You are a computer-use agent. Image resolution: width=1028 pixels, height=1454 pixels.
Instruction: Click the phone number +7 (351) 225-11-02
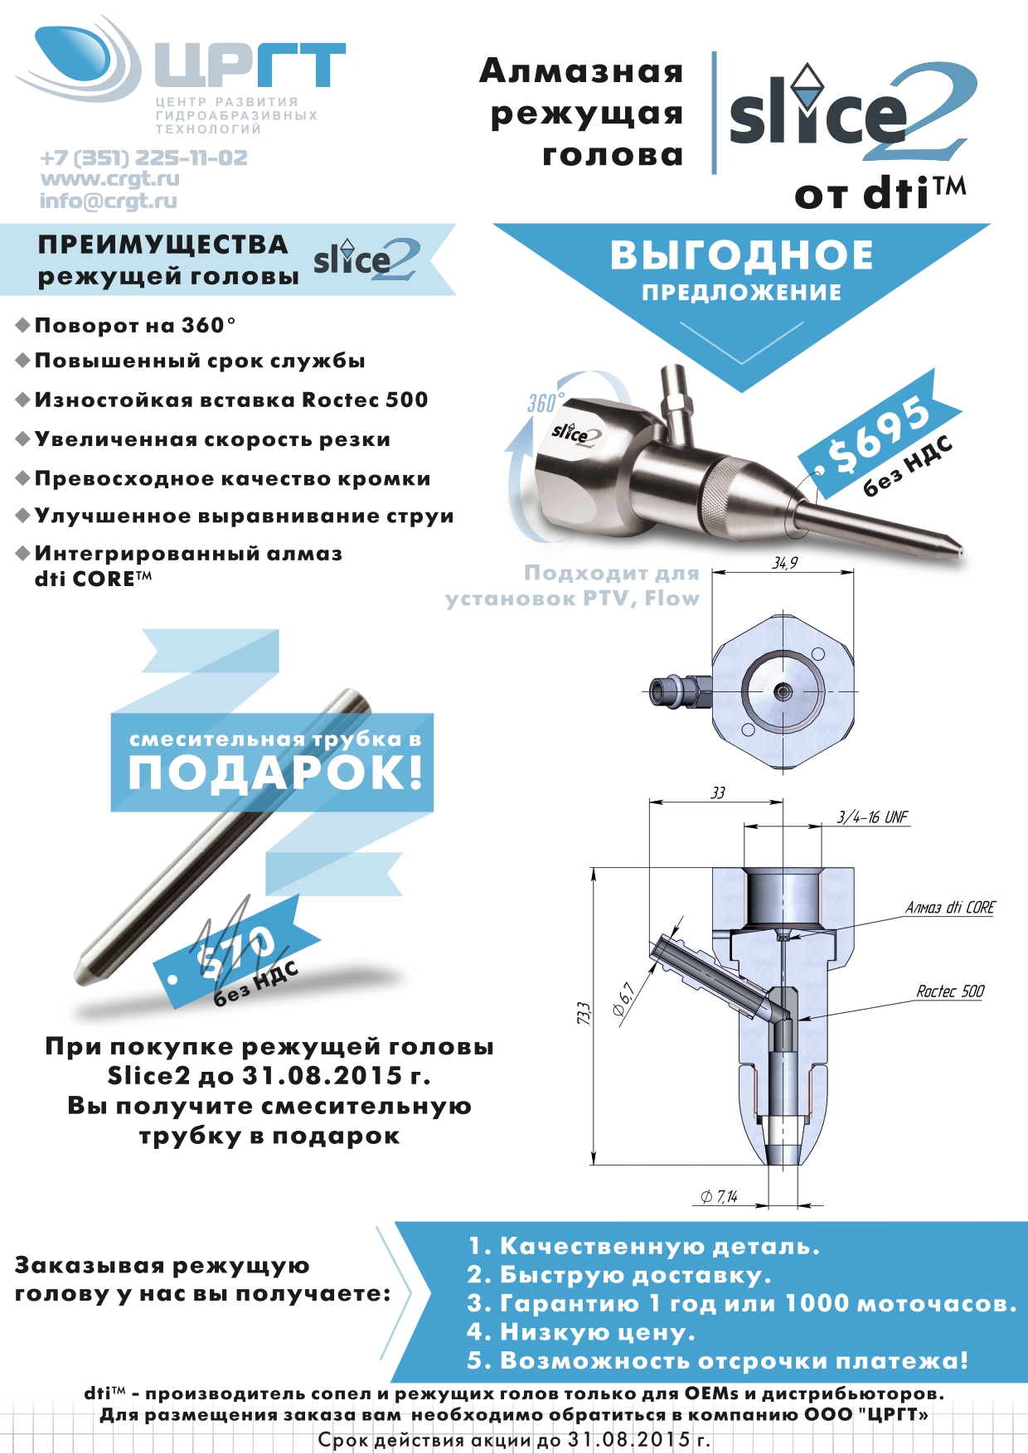143,158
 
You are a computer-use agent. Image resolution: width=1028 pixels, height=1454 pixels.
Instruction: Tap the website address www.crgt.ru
109,179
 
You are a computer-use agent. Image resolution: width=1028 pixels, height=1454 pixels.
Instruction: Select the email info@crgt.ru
109,201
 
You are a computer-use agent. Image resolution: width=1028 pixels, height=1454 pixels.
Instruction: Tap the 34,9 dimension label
784,564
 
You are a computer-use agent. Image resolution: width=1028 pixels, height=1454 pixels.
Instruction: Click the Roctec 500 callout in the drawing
950,991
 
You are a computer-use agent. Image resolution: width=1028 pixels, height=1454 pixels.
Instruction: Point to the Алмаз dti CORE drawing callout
949,908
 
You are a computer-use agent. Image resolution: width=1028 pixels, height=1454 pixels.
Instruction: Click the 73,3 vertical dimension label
584,1013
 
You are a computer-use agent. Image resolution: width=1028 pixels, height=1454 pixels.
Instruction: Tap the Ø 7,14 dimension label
719,1197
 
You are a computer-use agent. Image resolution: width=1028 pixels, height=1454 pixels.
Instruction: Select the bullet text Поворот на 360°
135,325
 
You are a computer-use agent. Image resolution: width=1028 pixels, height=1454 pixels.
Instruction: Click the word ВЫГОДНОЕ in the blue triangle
742,255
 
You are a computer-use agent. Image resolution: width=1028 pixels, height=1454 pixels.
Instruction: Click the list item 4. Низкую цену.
580,1332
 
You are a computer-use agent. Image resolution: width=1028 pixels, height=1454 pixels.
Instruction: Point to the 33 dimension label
718,793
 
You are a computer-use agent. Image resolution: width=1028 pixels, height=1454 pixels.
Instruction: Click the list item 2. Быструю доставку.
618,1274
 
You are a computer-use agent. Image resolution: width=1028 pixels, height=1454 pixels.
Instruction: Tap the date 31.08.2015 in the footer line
629,1440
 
